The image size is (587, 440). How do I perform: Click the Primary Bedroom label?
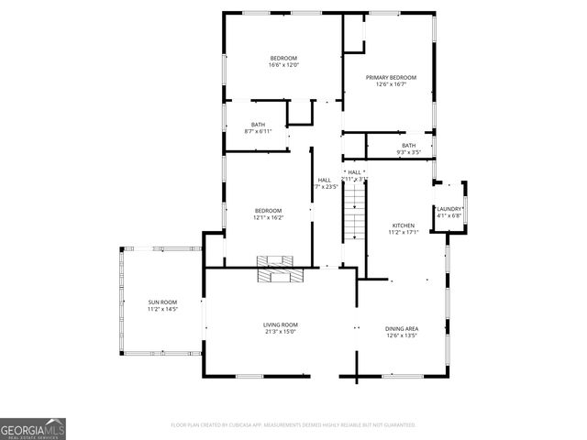click(391, 77)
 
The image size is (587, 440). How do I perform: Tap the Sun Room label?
click(162, 302)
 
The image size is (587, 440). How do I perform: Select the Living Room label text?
click(281, 324)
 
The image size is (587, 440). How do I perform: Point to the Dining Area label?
click(402, 328)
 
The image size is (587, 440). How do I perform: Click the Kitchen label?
click(404, 225)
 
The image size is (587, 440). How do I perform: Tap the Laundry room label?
click(449, 209)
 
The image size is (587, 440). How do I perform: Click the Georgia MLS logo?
click(33, 428)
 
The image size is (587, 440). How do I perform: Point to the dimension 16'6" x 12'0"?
click(283, 65)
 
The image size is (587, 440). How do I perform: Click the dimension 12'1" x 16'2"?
click(269, 218)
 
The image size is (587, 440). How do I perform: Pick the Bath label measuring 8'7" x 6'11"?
click(258, 125)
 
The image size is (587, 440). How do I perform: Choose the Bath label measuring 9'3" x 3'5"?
click(408, 145)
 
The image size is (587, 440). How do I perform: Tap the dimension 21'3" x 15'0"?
click(281, 332)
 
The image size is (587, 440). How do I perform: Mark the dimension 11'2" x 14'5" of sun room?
click(162, 310)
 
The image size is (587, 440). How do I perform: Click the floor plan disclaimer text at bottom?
click(293, 425)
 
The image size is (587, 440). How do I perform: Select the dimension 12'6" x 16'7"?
click(391, 84)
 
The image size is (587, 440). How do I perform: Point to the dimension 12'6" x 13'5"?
click(402, 335)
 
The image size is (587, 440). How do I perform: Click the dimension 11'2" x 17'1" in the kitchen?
click(404, 232)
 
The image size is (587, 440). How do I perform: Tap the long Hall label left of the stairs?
click(324, 180)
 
